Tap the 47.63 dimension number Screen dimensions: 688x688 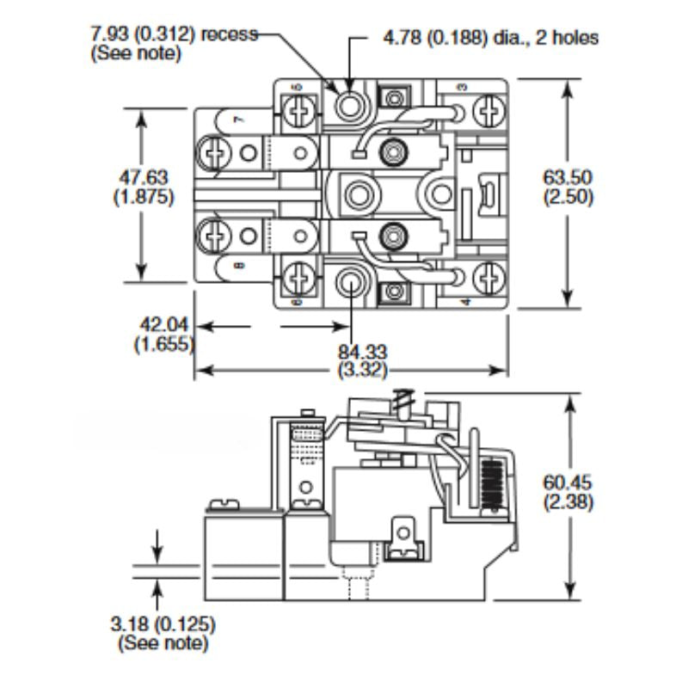[144, 177]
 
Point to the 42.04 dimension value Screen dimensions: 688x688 [164, 325]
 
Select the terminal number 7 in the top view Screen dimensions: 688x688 [237, 121]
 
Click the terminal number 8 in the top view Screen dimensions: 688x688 [237, 264]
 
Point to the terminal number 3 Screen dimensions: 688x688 [462, 87]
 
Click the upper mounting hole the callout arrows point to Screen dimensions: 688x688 [350, 106]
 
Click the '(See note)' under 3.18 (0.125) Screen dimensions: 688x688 [162, 641]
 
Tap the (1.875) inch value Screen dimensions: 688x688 [144, 197]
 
